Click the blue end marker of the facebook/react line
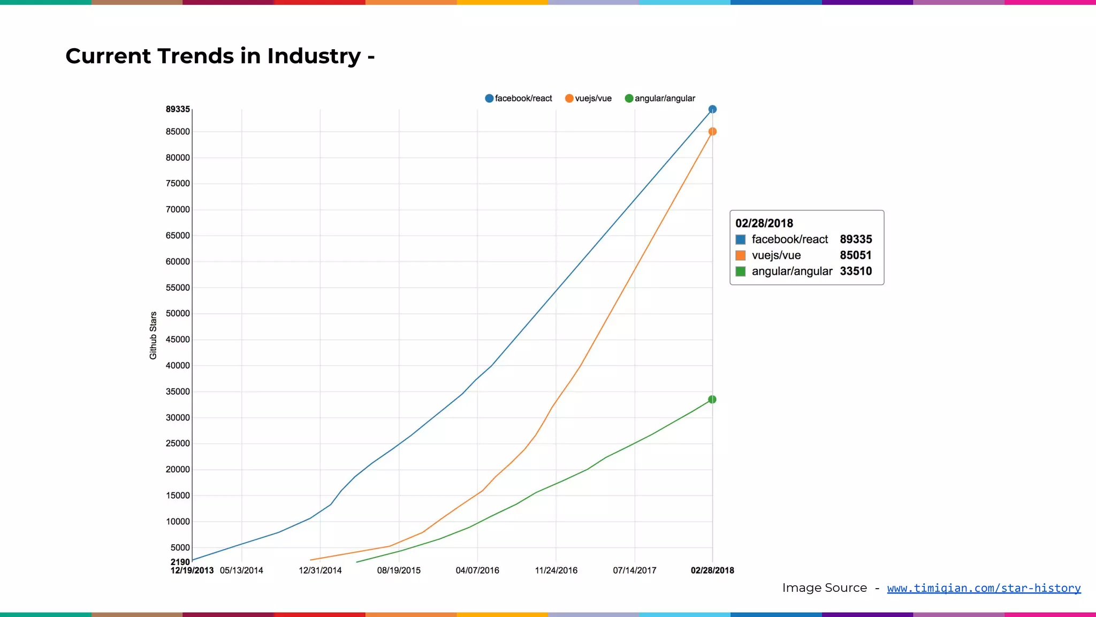pos(712,109)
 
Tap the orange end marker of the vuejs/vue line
pos(712,132)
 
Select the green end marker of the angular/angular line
pos(712,400)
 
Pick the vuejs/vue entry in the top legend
pos(588,99)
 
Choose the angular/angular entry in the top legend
pos(660,99)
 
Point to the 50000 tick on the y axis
pos(178,313)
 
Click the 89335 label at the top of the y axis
pos(178,109)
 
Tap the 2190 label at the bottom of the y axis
pos(180,562)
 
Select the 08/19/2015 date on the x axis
pos(399,570)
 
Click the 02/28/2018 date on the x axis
pos(712,570)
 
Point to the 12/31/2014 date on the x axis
pos(320,570)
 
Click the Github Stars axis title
pos(153,335)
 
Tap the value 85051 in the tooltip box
pos(856,255)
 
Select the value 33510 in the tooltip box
pos(856,272)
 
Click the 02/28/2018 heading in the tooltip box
pos(764,223)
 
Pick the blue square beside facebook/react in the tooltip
pos(741,239)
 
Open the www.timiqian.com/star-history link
pos(984,588)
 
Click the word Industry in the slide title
pos(314,56)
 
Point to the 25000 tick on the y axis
pos(178,443)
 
